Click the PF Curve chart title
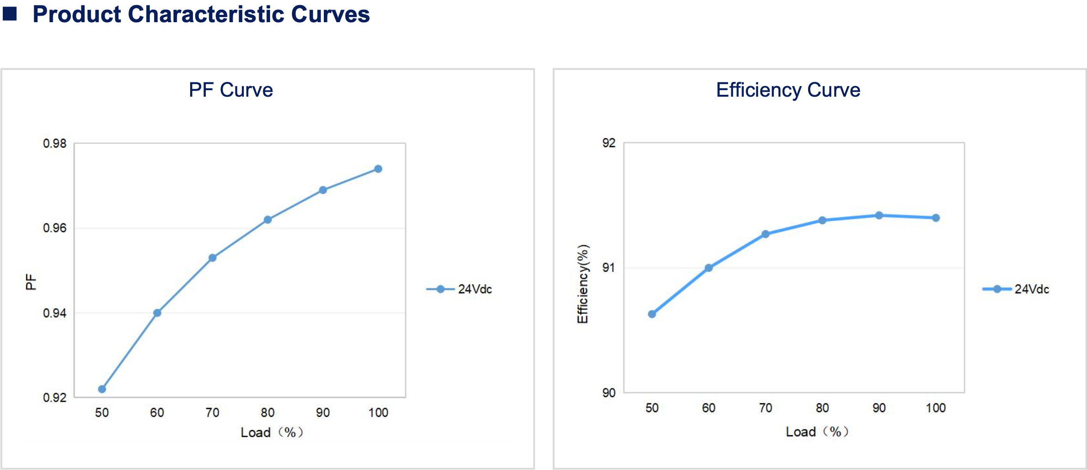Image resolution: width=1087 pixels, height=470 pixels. tap(230, 90)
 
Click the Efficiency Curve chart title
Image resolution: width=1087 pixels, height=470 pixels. tap(788, 90)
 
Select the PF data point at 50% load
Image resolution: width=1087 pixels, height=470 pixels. tap(102, 389)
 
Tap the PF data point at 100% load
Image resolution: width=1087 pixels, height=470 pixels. tap(378, 169)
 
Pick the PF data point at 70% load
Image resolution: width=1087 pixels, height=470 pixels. tap(212, 258)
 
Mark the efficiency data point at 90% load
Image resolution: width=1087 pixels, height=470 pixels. tap(879, 215)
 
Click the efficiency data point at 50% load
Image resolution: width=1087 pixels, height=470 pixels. tap(652, 314)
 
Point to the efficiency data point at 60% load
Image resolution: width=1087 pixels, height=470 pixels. tap(709, 268)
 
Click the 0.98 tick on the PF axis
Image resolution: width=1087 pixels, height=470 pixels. tap(55, 143)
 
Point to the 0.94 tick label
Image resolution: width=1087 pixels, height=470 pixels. tap(55, 313)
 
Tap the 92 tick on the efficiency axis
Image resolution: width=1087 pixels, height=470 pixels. tap(609, 143)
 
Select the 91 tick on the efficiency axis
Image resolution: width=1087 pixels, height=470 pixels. tap(609, 267)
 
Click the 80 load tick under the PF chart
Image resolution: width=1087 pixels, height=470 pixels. tap(267, 412)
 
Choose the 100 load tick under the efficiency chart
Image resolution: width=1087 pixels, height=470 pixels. tap(935, 408)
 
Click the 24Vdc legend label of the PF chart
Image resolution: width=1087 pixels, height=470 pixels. tap(475, 289)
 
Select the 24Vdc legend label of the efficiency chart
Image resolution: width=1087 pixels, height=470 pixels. tap(1031, 289)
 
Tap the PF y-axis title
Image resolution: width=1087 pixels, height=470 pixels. tap(31, 282)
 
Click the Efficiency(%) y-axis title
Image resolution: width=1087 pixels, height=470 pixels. tap(582, 284)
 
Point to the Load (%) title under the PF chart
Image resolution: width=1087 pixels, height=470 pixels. tap(272, 432)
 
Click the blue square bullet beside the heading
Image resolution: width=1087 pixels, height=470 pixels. tap(10, 14)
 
